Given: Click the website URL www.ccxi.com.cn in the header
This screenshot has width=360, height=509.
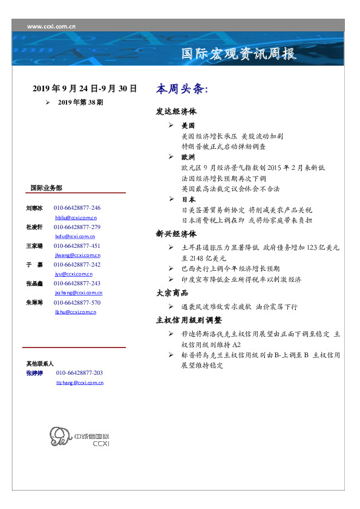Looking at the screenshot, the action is click(51, 26).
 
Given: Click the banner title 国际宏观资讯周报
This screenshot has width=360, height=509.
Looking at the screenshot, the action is click(239, 54).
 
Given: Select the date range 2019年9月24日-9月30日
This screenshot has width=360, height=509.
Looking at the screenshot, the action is click(85, 89).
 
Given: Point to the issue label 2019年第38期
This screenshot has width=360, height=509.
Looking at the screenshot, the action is click(80, 103).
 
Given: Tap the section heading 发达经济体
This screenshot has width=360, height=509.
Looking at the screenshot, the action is click(176, 112).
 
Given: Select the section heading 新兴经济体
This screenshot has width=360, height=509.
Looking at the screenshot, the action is click(176, 234).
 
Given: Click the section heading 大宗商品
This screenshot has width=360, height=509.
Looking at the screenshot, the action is click(172, 293).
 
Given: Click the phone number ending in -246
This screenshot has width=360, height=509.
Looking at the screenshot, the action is click(77, 207).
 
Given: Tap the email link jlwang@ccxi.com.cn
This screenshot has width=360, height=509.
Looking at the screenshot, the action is click(76, 256).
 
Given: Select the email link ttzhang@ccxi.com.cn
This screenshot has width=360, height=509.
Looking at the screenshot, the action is click(80, 383).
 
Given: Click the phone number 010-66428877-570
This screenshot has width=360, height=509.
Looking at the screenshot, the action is click(77, 302).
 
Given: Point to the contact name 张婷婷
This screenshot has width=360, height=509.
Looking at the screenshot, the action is click(34, 374).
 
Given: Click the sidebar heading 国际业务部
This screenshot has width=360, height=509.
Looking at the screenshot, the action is click(46, 188).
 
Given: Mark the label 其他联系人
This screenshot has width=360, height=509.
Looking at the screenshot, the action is click(40, 364).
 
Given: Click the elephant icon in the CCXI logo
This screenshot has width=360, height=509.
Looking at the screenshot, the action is click(59, 436).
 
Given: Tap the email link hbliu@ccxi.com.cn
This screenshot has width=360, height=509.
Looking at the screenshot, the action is click(76, 217).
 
